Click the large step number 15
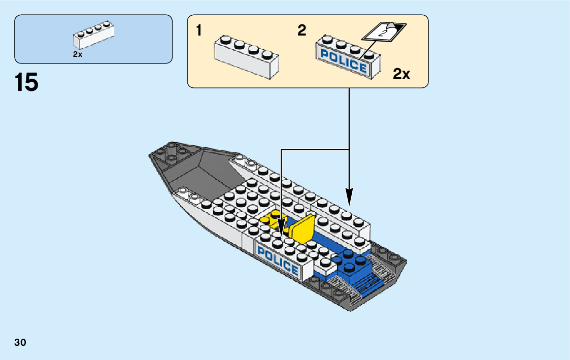coord(27,83)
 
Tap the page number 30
coord(20,343)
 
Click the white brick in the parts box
coord(94,36)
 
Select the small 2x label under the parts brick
coord(78,54)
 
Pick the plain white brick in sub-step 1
coord(247,56)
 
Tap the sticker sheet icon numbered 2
coord(384,32)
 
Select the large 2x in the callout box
coord(401,75)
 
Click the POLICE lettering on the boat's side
coord(278,259)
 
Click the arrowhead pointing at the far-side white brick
coord(349,196)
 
